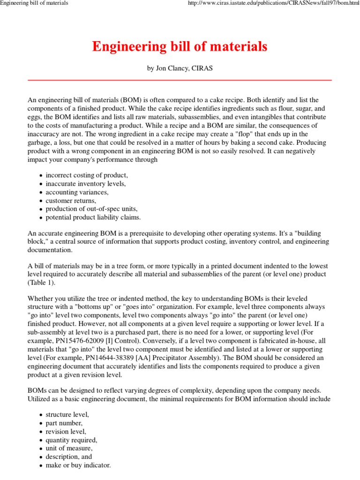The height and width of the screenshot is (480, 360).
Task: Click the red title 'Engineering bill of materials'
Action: pyautogui.click(x=180, y=47)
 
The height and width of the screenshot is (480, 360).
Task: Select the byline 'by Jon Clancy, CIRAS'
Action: pyautogui.click(x=180, y=68)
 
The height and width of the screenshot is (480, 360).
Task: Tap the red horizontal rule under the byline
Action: pyautogui.click(x=180, y=81)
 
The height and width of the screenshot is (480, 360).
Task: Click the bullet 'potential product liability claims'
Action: pyautogui.click(x=93, y=217)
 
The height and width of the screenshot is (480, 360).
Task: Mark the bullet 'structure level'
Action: pyautogui.click(x=67, y=414)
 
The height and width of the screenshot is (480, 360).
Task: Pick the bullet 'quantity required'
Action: pyautogui.click(x=71, y=440)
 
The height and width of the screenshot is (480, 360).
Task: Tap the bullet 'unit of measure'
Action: pyautogui.click(x=69, y=448)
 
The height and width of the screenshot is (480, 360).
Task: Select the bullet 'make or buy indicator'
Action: pyautogui.click(x=78, y=465)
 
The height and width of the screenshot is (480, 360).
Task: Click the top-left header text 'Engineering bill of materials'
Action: pyautogui.click(x=34, y=3)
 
